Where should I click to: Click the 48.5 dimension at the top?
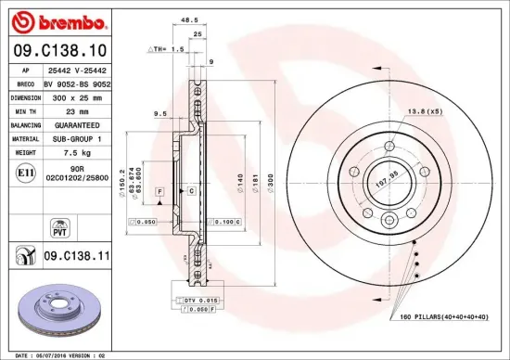click(190, 19)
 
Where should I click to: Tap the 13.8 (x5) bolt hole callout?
click(422, 111)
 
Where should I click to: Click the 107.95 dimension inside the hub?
click(387, 172)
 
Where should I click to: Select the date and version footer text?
click(61, 354)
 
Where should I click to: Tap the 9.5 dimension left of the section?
click(160, 114)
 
